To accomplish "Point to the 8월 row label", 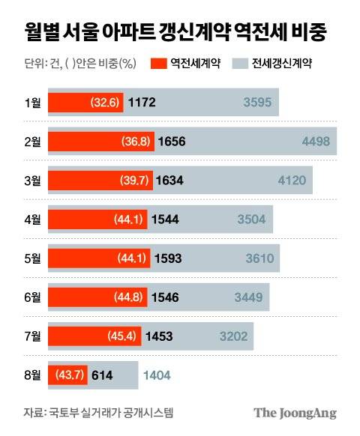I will click(x=31, y=375).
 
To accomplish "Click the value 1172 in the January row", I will click(x=142, y=101).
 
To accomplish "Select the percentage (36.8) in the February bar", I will click(x=136, y=141).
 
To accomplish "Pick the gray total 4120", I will click(x=292, y=180).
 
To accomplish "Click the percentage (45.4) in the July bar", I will click(x=121, y=336).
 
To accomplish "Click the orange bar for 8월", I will click(x=67, y=375).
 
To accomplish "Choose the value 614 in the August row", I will click(x=101, y=375).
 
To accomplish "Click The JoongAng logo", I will click(x=294, y=413).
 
